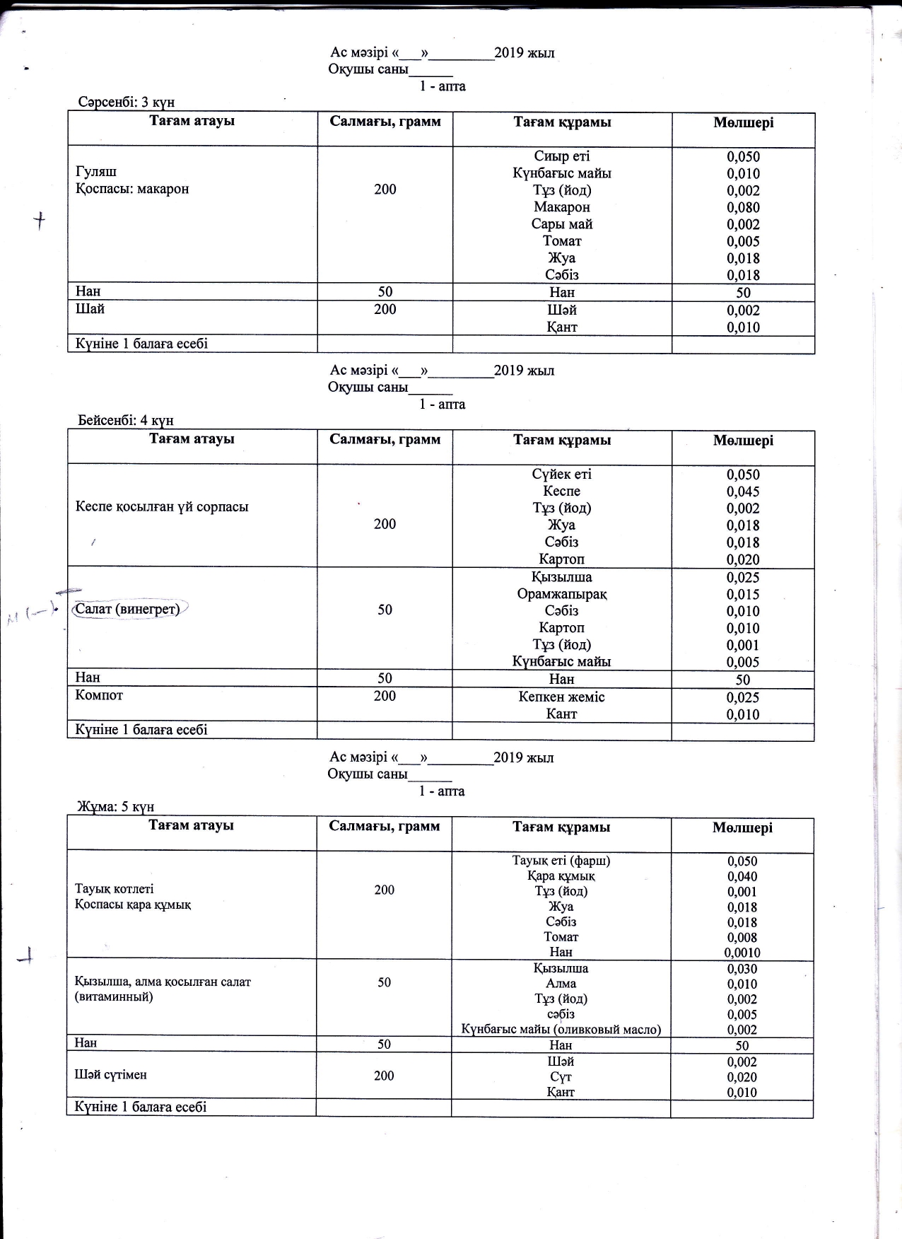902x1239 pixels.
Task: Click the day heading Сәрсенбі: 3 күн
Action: [127, 102]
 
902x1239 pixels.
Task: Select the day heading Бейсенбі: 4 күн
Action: [125, 420]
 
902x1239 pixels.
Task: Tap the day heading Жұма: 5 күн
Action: [115, 807]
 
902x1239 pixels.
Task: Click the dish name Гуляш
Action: [96, 172]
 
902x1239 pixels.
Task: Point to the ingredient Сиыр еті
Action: [562, 156]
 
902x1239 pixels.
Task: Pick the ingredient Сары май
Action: [562, 224]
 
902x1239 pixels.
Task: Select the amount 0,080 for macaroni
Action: [743, 207]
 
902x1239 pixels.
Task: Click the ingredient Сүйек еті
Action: [562, 474]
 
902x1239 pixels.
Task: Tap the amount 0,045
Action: [743, 491]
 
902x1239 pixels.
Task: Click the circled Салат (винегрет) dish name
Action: [127, 609]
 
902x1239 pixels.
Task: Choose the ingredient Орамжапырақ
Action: [562, 594]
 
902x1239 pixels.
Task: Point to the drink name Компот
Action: [99, 695]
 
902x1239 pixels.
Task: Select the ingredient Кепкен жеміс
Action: [562, 697]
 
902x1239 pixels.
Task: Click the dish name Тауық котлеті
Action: [114, 889]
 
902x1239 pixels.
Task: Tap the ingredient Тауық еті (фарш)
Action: [561, 861]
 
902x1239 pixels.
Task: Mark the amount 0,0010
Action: [742, 953]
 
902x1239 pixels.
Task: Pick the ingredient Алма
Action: [561, 984]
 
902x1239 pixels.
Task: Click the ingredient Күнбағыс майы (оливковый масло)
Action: [561, 1030]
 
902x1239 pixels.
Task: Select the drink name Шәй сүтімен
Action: [110, 1075]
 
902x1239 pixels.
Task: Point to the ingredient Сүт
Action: [561, 1077]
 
